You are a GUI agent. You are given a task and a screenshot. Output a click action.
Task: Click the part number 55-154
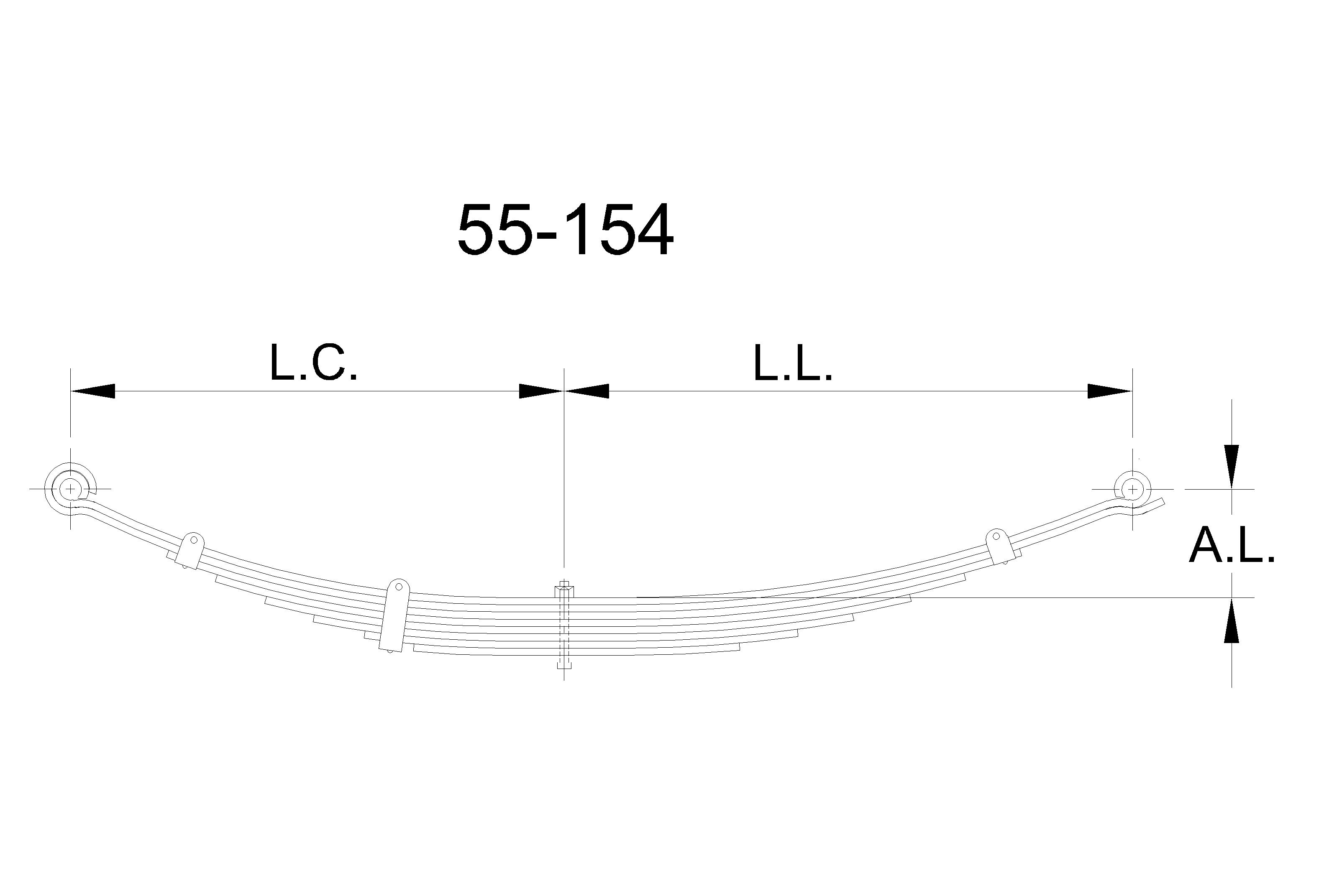565,230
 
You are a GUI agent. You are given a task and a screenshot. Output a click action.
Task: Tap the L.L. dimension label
792,362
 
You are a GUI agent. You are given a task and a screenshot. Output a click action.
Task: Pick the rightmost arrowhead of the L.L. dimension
1110,391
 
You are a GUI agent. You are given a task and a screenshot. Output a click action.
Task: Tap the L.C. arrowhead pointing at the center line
541,391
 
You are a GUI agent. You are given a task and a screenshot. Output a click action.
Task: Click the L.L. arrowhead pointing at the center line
586,391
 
